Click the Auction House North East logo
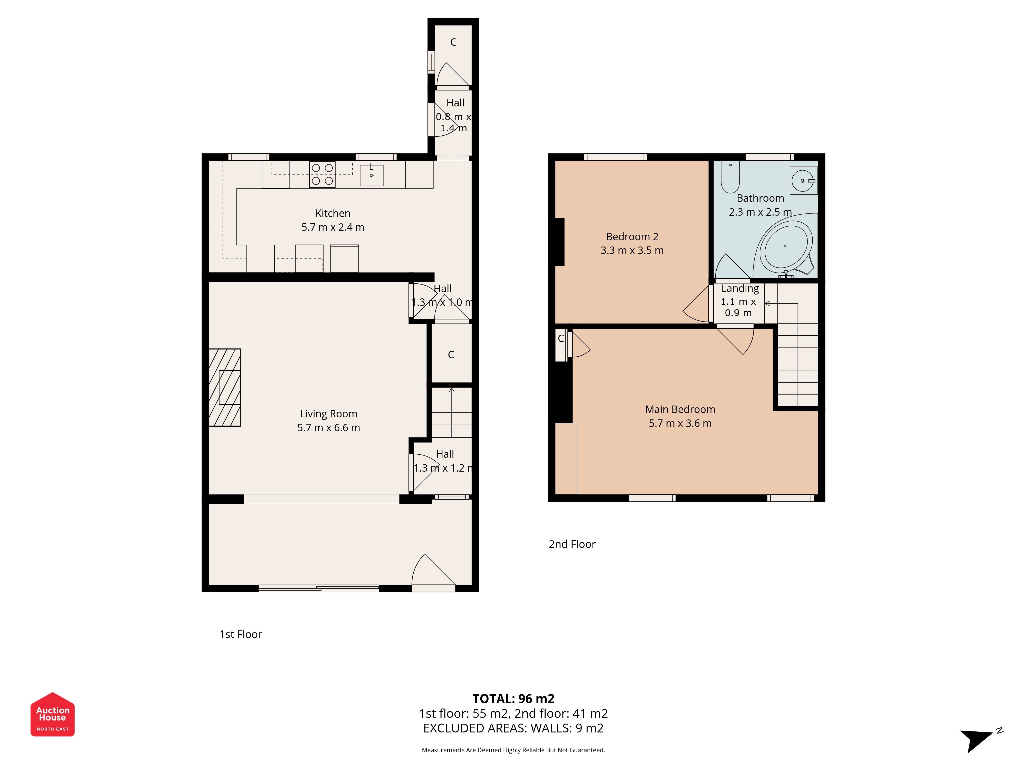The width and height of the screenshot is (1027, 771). coord(52,714)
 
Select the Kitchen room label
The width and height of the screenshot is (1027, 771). coord(333,213)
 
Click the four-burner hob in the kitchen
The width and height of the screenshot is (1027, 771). coord(322,174)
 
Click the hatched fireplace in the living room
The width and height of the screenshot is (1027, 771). coord(225,388)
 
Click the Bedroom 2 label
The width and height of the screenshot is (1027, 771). coord(632,236)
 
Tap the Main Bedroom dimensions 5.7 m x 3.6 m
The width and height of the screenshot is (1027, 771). coord(680,423)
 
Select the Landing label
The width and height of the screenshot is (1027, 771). coord(740,289)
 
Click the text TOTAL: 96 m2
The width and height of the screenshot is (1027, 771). coord(513,699)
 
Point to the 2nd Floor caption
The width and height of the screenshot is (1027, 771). coord(572,544)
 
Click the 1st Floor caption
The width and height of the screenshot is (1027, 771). coord(241,634)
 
